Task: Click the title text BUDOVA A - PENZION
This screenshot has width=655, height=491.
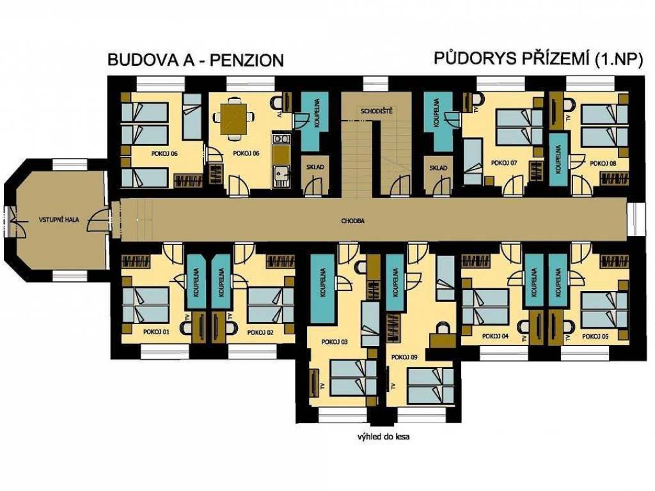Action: [x=196, y=59]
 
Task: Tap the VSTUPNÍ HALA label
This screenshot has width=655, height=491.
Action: [x=59, y=220]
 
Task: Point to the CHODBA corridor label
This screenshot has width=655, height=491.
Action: [x=352, y=221]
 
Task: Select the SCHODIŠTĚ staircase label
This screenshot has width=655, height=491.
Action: [x=377, y=111]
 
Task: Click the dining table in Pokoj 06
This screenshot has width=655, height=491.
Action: [x=233, y=118]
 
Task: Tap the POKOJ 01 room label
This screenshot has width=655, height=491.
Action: [x=156, y=332]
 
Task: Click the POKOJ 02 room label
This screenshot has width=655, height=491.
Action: [x=260, y=332]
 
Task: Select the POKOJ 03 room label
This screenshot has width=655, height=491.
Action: [x=335, y=342]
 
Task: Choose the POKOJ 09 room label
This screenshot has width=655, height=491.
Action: [x=404, y=357]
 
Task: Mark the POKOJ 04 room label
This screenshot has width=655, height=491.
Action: [x=495, y=336]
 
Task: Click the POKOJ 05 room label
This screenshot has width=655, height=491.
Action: [x=596, y=336]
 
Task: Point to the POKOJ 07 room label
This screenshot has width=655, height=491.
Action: [x=504, y=163]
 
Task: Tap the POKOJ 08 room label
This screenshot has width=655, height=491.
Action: [x=603, y=164]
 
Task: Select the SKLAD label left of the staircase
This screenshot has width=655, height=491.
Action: [x=315, y=167]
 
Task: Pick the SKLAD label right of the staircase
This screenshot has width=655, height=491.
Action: [x=438, y=168]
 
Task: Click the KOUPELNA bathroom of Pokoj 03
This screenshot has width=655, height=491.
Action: [x=322, y=288]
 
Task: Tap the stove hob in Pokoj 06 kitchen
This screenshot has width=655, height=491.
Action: [x=280, y=139]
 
